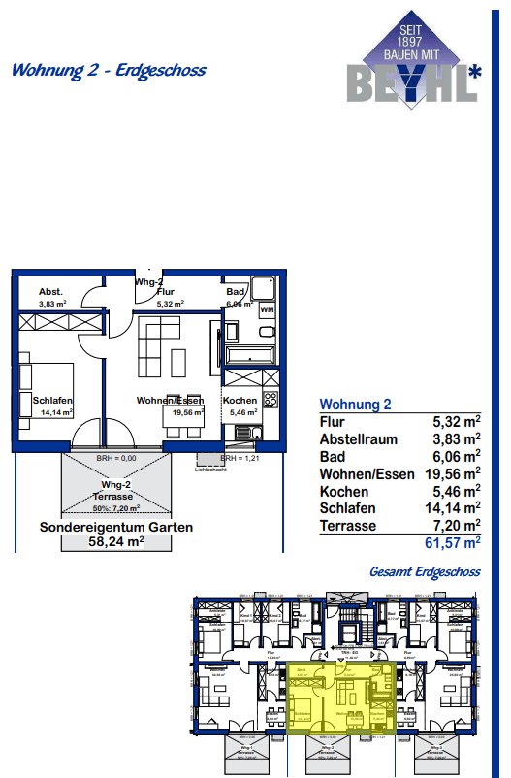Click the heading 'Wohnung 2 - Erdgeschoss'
tap(108, 70)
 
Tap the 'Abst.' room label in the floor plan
tap(50, 292)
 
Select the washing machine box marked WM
tap(267, 308)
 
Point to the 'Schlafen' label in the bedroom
tap(52, 401)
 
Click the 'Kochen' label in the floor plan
tap(240, 401)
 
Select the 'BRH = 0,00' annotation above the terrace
tap(116, 458)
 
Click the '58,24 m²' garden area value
tap(115, 542)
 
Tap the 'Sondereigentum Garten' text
tap(115, 527)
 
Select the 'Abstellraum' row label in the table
tap(358, 438)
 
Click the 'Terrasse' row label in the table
tap(348, 525)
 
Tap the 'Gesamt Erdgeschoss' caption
tap(425, 571)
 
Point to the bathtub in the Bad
tap(251, 356)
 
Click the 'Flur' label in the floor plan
tap(165, 291)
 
